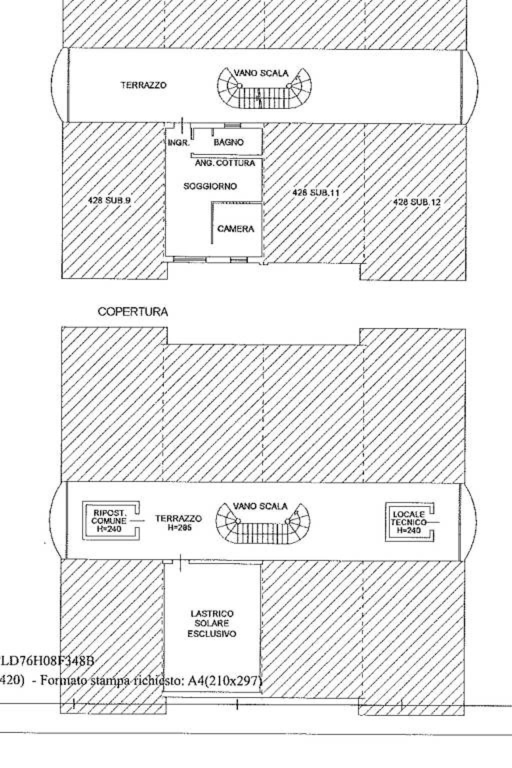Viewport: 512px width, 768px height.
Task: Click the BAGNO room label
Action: coord(228,142)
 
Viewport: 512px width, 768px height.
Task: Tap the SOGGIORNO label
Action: coord(210,186)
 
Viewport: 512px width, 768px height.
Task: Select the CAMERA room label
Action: coord(235,229)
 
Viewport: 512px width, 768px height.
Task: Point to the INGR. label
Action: coord(178,143)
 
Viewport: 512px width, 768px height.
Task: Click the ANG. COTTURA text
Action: coord(225,163)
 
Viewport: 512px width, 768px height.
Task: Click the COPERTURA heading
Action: coord(133,312)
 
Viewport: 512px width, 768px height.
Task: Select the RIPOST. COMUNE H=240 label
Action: coord(109,521)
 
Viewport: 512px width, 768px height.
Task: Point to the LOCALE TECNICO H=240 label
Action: coord(409,522)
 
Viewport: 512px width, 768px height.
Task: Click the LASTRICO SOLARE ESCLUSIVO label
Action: coord(212,623)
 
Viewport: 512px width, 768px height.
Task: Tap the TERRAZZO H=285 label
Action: coord(178,522)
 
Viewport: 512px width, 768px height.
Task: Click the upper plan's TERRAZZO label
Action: coord(143,85)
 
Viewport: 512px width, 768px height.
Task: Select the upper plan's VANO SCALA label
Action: coord(261,73)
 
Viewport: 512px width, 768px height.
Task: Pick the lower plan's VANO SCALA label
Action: coord(260,506)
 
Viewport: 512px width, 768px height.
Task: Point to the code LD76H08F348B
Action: coord(47,660)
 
